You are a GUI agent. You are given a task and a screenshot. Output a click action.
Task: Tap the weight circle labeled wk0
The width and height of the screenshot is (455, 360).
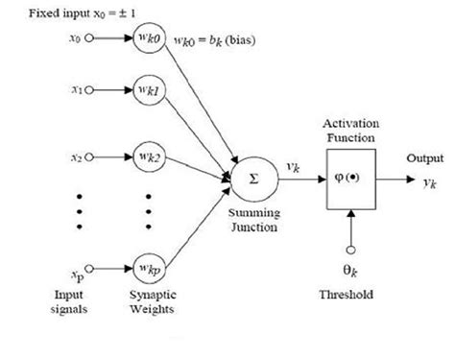(149, 40)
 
